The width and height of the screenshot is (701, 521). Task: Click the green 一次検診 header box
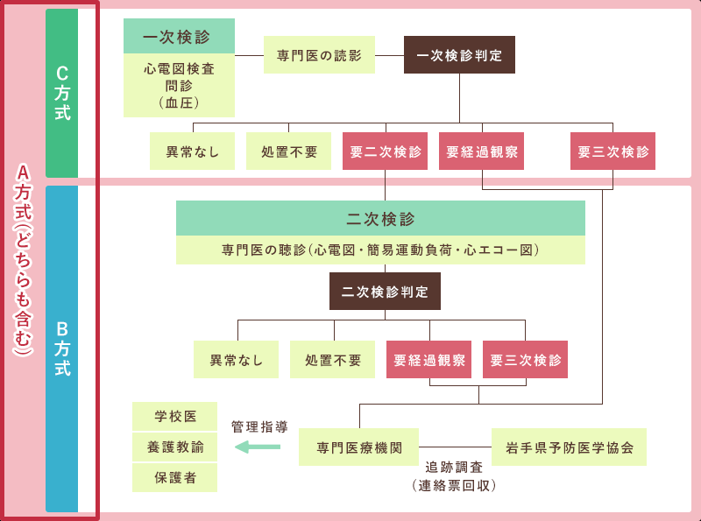click(179, 38)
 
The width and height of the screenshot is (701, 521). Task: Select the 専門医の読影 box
click(319, 55)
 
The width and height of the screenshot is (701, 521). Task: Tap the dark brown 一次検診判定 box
click(459, 55)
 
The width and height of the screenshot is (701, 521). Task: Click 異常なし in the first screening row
click(192, 151)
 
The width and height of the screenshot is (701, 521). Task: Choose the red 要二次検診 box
click(385, 151)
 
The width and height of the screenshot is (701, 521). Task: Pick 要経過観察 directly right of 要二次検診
click(481, 151)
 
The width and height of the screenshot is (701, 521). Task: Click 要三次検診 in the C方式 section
click(612, 151)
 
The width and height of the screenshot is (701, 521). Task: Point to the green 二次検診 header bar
click(380, 219)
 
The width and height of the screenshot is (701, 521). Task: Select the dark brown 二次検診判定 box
click(385, 292)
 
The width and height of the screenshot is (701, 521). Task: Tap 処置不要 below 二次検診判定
click(332, 360)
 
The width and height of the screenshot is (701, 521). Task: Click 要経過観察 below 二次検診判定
click(428, 360)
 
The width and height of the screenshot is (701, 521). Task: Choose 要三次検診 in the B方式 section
click(525, 360)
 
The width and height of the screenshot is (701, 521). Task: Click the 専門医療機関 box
click(358, 447)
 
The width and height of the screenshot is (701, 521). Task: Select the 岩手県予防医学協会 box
click(569, 447)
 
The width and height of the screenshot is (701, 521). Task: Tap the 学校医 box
click(174, 416)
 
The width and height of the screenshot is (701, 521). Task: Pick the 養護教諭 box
click(174, 447)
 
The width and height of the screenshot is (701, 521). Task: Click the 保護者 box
click(174, 478)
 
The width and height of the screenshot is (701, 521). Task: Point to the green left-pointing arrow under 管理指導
click(258, 447)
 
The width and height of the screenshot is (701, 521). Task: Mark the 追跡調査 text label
click(454, 468)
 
